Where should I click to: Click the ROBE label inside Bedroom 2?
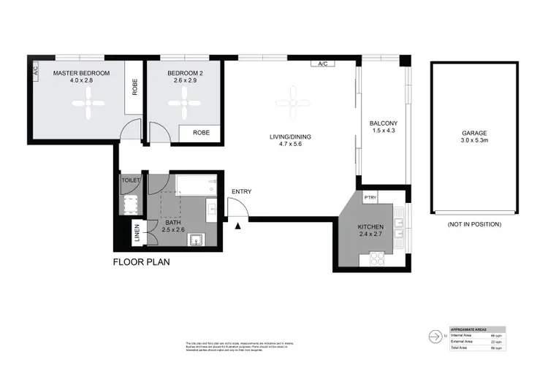(x=202, y=133)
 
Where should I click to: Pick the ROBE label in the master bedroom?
(x=135, y=87)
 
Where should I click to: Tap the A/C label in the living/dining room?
(x=322, y=64)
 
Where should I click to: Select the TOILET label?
(x=131, y=180)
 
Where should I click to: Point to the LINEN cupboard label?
(x=137, y=234)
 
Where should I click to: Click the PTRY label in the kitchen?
(x=370, y=196)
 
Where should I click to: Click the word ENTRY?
(x=241, y=192)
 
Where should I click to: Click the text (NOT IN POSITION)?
(x=474, y=225)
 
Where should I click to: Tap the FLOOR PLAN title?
(x=142, y=261)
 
